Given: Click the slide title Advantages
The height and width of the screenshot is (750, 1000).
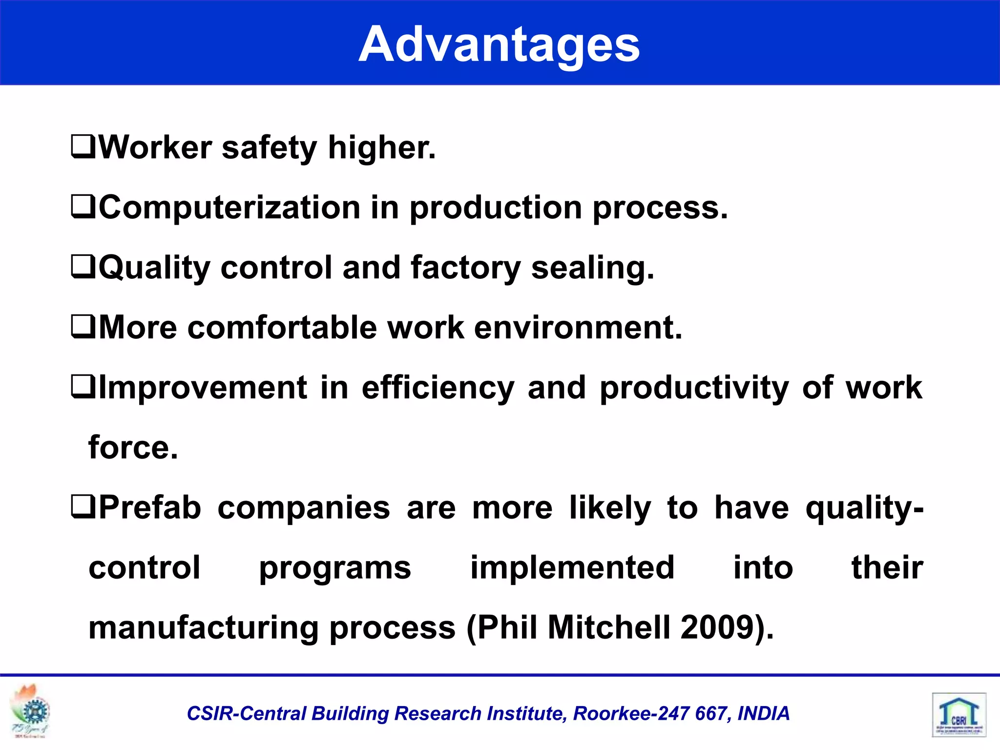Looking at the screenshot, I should point(499,45).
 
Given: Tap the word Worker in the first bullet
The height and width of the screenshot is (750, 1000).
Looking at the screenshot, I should point(155,147).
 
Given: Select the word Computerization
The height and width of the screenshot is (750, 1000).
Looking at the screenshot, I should point(229,208).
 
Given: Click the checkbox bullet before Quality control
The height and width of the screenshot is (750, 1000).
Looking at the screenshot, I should point(83,267).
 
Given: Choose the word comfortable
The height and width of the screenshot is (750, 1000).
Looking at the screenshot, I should point(282,328).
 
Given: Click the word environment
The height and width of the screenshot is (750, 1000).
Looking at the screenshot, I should point(578,328).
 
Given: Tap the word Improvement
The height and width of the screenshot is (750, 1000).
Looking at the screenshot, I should point(203,388).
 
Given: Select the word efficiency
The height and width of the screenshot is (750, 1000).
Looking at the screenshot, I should point(438,388).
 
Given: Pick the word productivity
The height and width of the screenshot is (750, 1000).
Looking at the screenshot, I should point(694,388).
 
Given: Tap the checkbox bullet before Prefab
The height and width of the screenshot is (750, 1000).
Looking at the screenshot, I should point(83,507).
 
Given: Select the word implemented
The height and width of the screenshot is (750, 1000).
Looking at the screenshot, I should point(572,568).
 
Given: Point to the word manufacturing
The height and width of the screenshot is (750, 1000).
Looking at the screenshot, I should point(204,628).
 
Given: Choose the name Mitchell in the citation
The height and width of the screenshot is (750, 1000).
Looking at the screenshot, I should point(608,628).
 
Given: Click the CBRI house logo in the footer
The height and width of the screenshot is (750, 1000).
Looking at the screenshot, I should point(958,715).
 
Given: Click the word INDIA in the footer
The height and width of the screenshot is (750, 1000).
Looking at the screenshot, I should point(763,714).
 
